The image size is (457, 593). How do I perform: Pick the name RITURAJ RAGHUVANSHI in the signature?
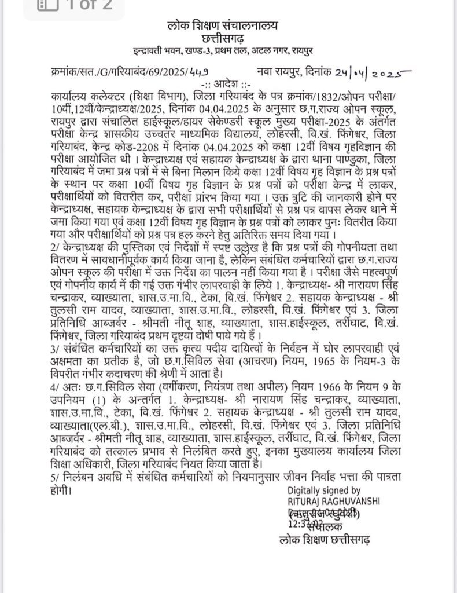tap(334, 500)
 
